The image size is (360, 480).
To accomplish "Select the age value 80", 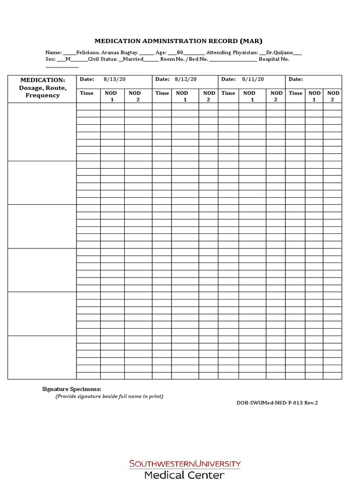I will (180, 53).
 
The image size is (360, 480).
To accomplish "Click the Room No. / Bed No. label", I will (184, 59).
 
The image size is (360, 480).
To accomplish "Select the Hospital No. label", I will (274, 59).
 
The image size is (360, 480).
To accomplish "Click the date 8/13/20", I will (112, 79).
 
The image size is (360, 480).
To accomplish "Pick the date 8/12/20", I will (186, 79).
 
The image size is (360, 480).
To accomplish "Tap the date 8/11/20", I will (253, 79).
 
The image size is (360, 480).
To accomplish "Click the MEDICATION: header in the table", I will (42, 80).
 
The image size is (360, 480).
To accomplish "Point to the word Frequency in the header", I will (42, 95).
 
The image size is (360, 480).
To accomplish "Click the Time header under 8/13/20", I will (87, 93).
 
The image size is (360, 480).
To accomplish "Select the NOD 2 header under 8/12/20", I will (209, 96).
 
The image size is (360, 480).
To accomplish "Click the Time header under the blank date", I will (295, 93).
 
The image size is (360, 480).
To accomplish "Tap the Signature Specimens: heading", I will (72, 389).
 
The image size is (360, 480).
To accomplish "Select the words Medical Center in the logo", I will (185, 474).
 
